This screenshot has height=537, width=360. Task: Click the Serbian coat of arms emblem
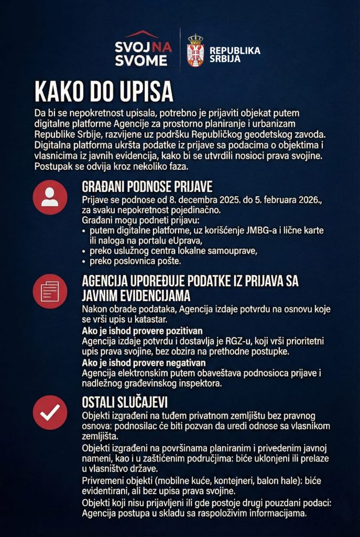coord(195,51)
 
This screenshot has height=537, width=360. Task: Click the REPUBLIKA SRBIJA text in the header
coord(235,54)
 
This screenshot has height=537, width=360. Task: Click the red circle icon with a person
coord(50,197)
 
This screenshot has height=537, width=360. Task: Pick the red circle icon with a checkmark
coord(50,413)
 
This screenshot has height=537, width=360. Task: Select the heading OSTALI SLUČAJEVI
coord(125,402)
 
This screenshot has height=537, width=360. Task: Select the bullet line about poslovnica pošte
coord(135,261)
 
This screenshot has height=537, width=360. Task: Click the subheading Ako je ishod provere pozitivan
coord(142,331)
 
